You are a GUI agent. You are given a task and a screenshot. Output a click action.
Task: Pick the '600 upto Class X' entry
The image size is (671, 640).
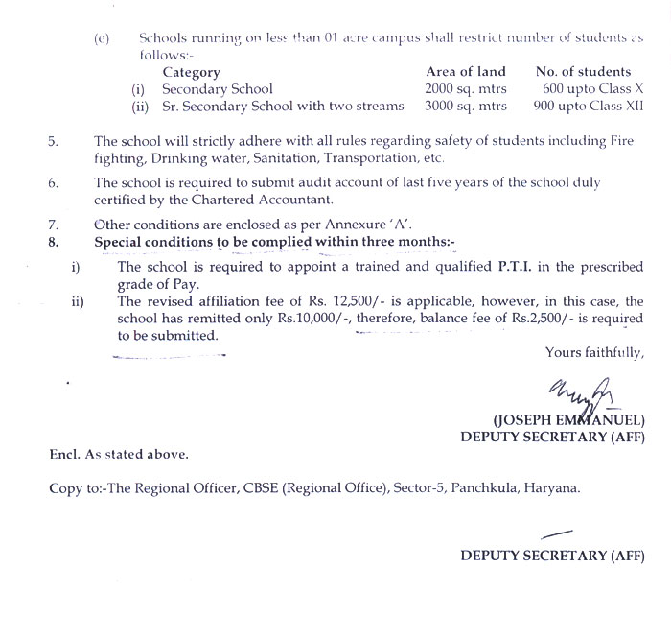(586, 89)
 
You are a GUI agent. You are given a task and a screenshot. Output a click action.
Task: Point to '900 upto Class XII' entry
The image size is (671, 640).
(584, 107)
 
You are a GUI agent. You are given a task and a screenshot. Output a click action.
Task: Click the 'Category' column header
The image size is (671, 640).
(191, 72)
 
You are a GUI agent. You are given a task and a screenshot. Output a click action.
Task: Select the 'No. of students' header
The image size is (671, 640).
(584, 72)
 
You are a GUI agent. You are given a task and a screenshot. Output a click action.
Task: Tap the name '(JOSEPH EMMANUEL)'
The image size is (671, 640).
(568, 420)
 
